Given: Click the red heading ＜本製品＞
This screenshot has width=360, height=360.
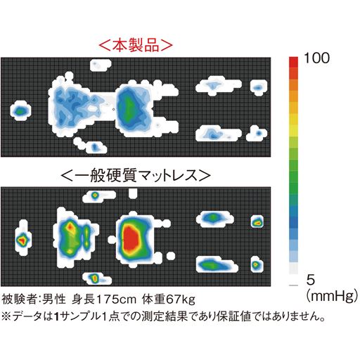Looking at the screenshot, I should [x=135, y=46].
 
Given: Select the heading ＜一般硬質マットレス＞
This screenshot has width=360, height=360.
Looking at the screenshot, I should [x=135, y=173].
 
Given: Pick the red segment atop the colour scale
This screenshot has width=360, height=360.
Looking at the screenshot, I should [x=295, y=62].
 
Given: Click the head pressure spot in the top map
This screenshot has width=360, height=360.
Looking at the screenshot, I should [x=20, y=110].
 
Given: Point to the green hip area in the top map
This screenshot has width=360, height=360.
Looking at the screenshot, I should [x=128, y=107].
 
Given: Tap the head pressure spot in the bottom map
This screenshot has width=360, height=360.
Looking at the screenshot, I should [x=22, y=239].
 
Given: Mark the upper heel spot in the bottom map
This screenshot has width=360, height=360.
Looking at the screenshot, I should [x=258, y=221].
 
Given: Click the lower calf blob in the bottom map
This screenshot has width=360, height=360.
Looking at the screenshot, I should [x=211, y=264].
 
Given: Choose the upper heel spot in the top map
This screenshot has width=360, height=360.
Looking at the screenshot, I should [x=259, y=88].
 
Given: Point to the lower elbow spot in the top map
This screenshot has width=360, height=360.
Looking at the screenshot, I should [x=95, y=146].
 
